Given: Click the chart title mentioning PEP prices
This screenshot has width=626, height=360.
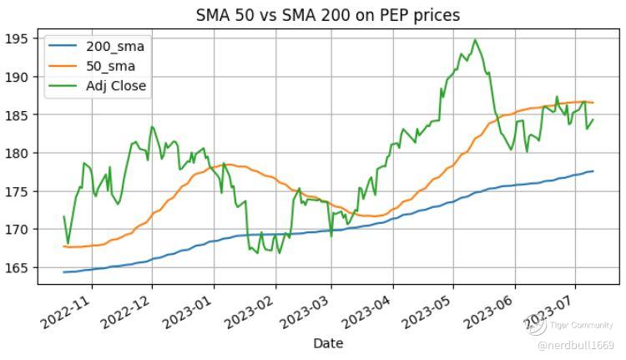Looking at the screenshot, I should [328, 15].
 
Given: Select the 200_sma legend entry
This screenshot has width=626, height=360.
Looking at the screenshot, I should [114, 47].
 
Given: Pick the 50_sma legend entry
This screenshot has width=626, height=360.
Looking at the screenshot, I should [111, 66].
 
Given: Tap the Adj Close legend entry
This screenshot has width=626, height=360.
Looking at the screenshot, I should [116, 85].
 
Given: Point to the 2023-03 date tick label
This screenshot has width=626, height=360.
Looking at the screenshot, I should [307, 310].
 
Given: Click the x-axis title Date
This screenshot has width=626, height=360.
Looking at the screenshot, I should [328, 343].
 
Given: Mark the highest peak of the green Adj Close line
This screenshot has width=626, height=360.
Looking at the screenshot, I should [475, 39].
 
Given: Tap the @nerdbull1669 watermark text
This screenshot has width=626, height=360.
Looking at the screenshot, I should [575, 345].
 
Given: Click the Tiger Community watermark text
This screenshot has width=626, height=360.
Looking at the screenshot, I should [582, 326].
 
